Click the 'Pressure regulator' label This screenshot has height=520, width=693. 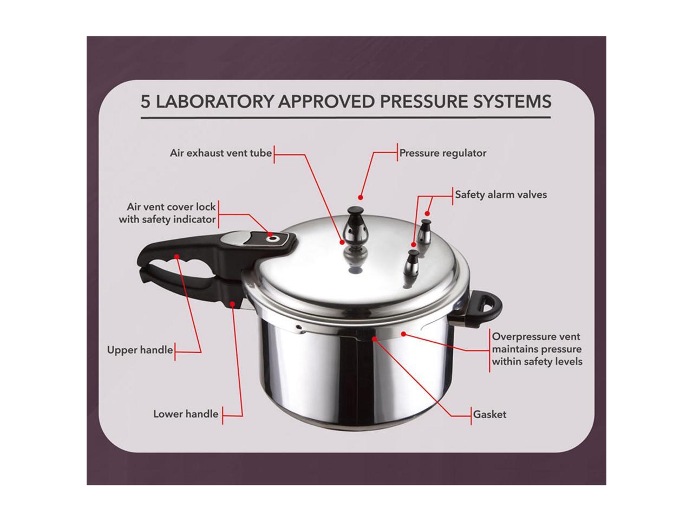point(443,153)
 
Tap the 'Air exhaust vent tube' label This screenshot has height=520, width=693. point(221,153)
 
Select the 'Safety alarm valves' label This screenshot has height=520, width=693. point(501,194)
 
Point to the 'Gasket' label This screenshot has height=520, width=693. point(489,414)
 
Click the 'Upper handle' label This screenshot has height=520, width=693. point(140,350)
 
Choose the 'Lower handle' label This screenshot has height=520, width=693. point(186,414)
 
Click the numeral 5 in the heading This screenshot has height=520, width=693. point(145,102)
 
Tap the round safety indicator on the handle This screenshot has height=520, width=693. point(271,238)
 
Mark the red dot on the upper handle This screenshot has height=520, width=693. point(177,256)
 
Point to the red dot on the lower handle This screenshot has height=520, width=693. point(232,304)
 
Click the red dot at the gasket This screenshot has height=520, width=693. point(375,339)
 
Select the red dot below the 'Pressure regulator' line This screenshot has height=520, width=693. point(360,198)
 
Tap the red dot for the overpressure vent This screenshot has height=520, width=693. point(403,334)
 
